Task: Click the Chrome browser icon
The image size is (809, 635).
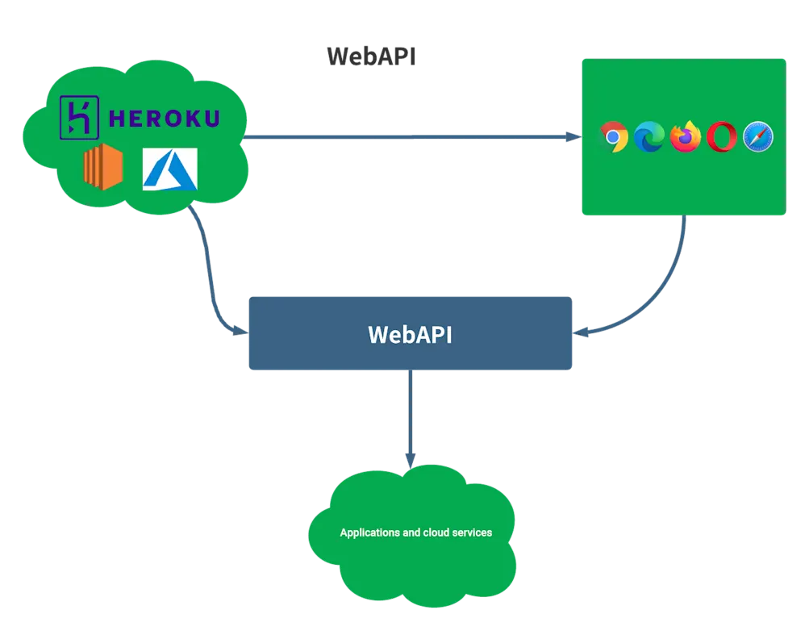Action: pos(615,137)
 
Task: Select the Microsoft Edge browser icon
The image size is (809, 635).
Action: pos(648,137)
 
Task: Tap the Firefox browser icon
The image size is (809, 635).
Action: pos(686,136)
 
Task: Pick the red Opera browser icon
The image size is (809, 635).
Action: pos(721,138)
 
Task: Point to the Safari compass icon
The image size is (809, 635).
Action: pos(758,137)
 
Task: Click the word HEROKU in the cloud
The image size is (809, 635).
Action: pos(164,119)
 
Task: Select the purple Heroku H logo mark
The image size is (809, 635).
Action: pos(79,117)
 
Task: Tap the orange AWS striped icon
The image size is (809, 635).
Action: pos(102,169)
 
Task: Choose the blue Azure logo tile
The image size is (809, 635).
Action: pos(170,169)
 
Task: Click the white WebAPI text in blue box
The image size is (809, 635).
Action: pos(410,334)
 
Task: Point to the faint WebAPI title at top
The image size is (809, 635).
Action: pos(373,58)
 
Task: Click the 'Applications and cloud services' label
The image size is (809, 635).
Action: pos(415,533)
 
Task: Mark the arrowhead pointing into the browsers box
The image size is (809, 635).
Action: pos(575,139)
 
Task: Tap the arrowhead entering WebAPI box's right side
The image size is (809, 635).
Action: pos(582,332)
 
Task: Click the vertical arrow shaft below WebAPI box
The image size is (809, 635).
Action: pos(411,411)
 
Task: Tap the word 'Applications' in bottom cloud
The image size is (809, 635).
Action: pos(369,533)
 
